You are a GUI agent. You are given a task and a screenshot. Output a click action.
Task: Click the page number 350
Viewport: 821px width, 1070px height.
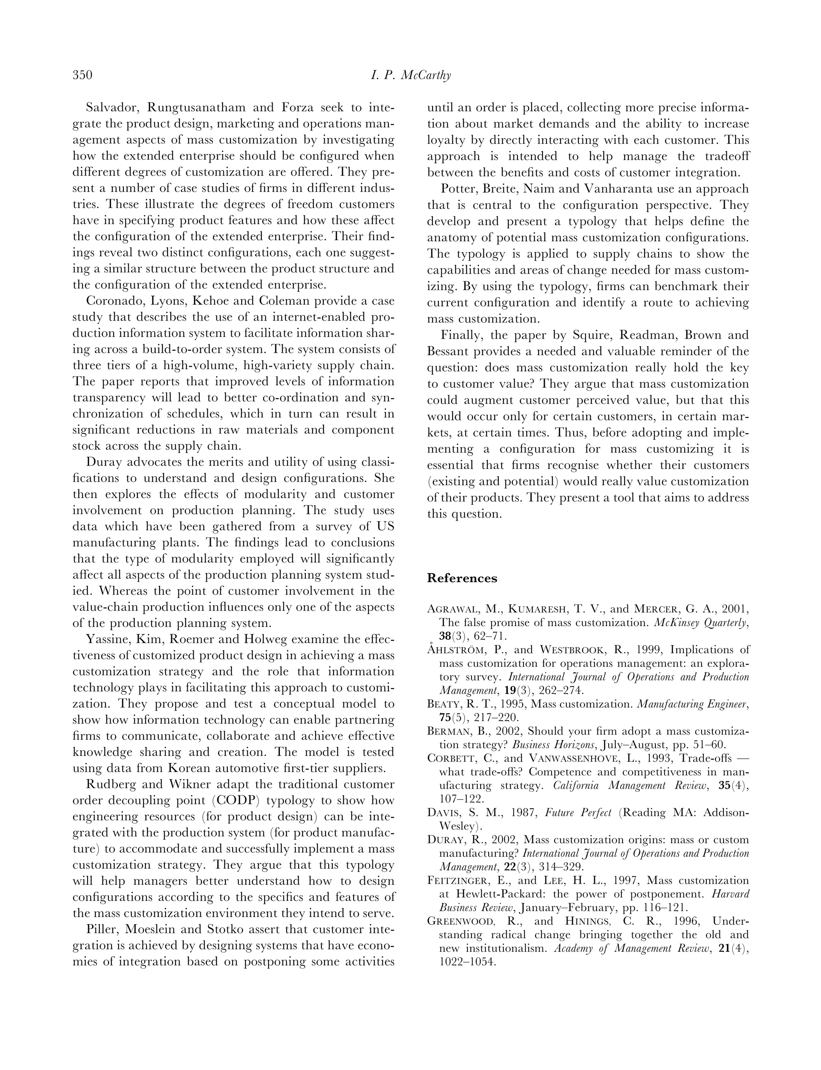click(x=83, y=75)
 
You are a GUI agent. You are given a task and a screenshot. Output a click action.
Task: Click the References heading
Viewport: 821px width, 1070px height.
click(x=462, y=579)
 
